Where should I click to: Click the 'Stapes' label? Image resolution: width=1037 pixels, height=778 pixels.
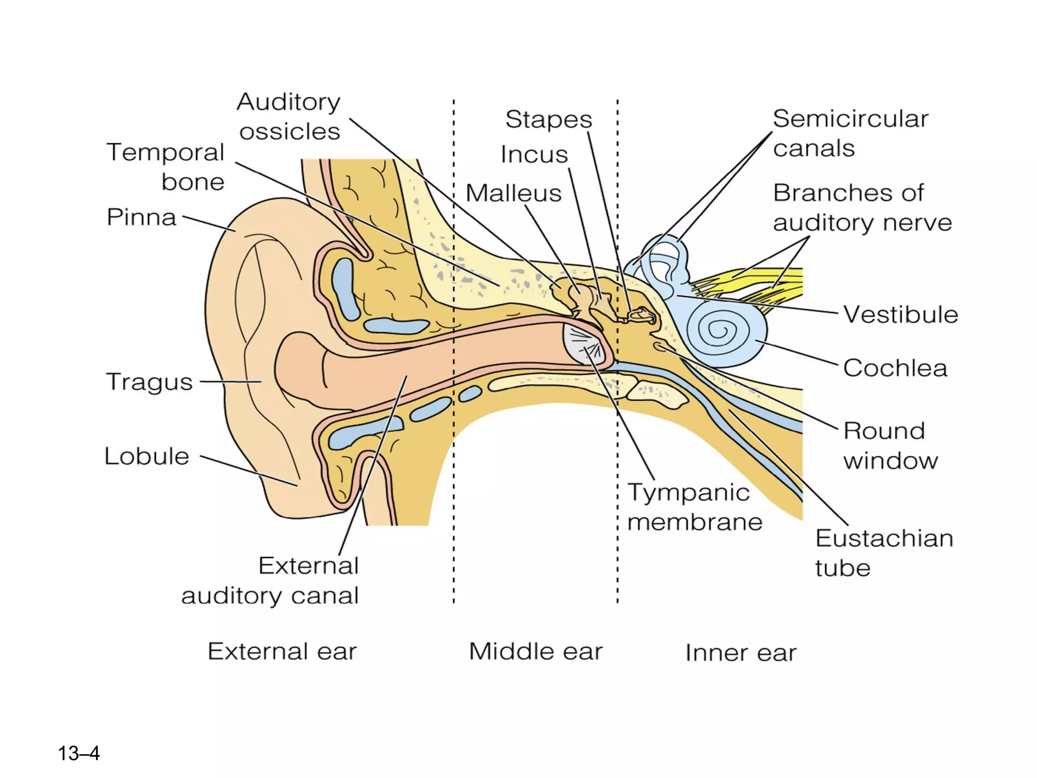(548, 120)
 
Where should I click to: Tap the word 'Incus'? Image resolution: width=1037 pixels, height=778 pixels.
(534, 154)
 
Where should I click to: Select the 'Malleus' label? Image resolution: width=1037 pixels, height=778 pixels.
(513, 193)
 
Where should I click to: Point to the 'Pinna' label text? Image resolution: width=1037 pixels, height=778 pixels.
(141, 217)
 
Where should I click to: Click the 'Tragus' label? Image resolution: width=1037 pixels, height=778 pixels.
(149, 382)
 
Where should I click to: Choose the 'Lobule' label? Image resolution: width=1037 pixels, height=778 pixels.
(147, 456)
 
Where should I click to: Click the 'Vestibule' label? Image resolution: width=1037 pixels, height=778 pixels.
(900, 315)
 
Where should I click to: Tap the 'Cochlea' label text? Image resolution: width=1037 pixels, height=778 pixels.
(895, 368)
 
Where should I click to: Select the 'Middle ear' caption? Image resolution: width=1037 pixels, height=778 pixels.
(536, 651)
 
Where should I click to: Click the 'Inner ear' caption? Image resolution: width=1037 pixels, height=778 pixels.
(740, 653)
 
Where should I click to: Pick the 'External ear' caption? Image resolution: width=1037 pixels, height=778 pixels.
(282, 651)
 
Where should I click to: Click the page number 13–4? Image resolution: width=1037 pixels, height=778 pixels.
(79, 753)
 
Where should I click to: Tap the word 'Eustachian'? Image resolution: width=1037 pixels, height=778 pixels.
(884, 538)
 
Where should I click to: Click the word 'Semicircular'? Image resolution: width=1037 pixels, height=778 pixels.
(851, 119)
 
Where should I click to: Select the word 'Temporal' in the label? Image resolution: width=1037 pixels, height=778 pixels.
(165, 152)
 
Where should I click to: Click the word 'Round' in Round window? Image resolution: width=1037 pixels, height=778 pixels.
(884, 431)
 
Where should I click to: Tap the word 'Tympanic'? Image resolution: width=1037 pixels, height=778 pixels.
(689, 493)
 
